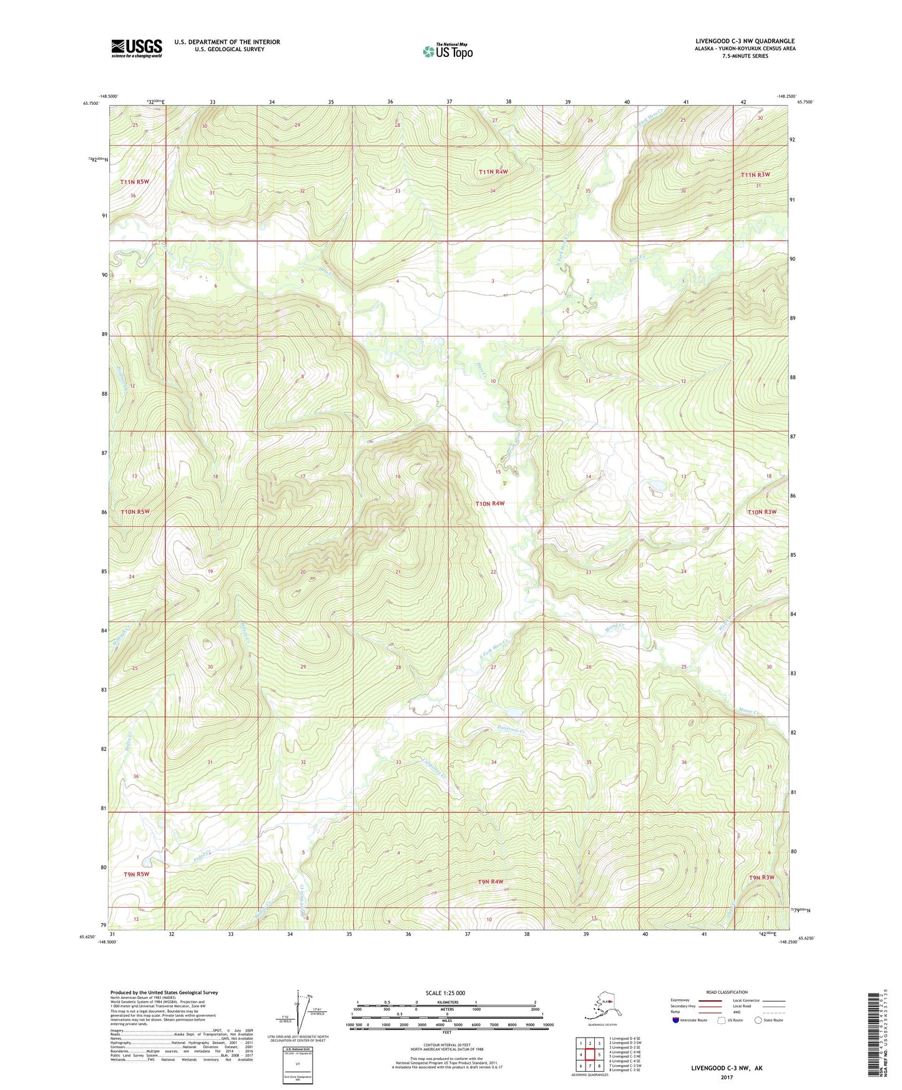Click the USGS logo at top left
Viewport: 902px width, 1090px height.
pyautogui.click(x=136, y=48)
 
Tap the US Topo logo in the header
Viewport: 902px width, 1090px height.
pyautogui.click(x=447, y=51)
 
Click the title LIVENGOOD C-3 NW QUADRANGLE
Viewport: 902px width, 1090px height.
pyautogui.click(x=745, y=41)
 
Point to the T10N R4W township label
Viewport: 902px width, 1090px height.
pyautogui.click(x=489, y=503)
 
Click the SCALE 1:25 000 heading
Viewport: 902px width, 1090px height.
pyautogui.click(x=445, y=993)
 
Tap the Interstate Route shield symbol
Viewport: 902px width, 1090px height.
pyautogui.click(x=676, y=1020)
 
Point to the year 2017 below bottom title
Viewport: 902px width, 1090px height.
pyautogui.click(x=727, y=1077)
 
